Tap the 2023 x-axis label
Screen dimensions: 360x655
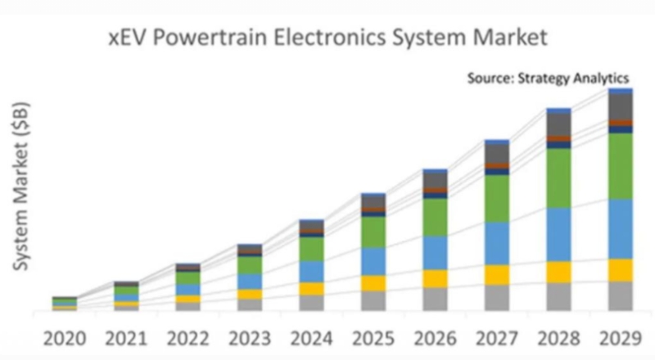(x=250, y=336)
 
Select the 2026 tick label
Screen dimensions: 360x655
(x=435, y=336)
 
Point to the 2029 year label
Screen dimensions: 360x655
(x=620, y=336)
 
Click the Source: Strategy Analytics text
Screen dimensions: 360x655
(x=547, y=79)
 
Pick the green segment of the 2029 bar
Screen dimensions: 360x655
(x=620, y=165)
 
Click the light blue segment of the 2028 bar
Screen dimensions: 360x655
(x=558, y=234)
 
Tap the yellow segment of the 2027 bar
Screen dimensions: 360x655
(x=497, y=274)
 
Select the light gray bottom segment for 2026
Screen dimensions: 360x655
(x=435, y=299)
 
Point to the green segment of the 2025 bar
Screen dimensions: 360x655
(x=373, y=232)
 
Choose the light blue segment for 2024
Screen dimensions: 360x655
(x=312, y=272)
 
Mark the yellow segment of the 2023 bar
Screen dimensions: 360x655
(x=250, y=294)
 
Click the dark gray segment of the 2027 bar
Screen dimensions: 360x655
(x=497, y=153)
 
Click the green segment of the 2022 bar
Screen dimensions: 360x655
(x=188, y=278)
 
